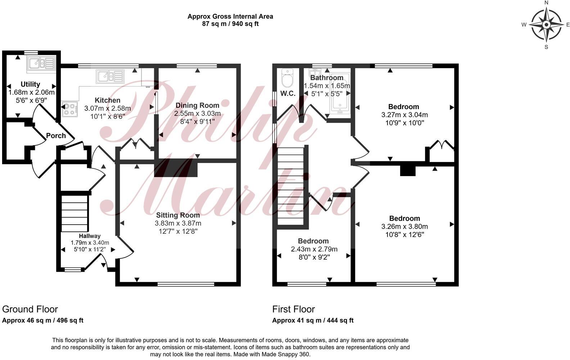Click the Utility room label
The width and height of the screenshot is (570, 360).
point(30,84)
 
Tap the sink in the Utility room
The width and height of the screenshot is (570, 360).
point(40,63)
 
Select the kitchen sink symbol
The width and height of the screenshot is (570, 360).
point(109,76)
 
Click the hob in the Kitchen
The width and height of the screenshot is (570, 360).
point(70,109)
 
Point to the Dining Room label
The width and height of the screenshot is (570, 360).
point(197,105)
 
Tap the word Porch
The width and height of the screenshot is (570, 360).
point(56,136)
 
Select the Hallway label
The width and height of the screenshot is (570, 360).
point(90,236)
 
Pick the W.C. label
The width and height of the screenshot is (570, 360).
point(288,94)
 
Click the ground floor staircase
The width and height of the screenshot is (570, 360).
point(74,213)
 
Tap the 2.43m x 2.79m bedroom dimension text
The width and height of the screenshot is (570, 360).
point(314,249)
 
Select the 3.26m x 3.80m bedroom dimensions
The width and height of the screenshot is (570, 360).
point(404,226)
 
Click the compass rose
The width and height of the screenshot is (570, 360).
point(546,24)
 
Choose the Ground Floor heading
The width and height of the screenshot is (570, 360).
point(30,309)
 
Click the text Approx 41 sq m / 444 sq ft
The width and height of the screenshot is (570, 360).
point(313,320)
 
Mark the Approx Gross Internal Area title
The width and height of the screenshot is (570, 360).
point(230,17)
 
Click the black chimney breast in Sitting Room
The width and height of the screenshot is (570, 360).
point(176,168)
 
